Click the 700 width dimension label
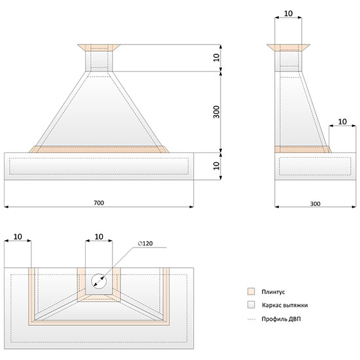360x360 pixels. [99, 203]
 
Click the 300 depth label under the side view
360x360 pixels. [315, 204]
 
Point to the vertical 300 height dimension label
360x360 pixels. [217, 112]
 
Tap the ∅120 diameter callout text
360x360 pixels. [145, 243]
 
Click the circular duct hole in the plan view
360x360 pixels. [99, 281]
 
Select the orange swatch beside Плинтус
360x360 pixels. [251, 291]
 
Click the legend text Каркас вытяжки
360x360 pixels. [285, 305]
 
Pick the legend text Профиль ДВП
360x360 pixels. [281, 319]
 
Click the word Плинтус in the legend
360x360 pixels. [273, 291]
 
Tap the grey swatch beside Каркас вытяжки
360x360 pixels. [251, 304]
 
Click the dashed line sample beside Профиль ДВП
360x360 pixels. [251, 319]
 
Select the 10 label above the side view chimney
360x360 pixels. [289, 14]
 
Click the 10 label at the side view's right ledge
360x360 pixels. [342, 122]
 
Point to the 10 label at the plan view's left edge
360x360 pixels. [18, 236]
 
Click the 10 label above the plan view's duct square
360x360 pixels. [99, 236]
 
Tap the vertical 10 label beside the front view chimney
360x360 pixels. [217, 58]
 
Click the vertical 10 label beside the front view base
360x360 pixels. [217, 166]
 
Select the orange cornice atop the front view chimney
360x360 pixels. [99, 48]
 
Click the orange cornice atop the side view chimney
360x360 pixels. [289, 48]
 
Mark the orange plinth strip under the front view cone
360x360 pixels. [99, 149]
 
